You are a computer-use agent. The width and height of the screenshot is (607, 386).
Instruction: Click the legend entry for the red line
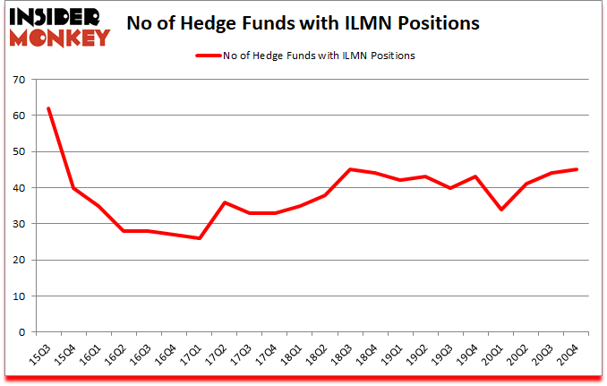click(x=305, y=56)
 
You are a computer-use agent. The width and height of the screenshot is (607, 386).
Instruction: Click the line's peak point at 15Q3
click(x=48, y=108)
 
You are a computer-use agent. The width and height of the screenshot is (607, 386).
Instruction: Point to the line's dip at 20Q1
click(x=500, y=210)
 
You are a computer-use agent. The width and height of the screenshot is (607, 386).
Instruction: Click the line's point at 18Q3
click(x=351, y=169)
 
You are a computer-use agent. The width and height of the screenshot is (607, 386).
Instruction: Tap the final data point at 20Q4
click(x=576, y=169)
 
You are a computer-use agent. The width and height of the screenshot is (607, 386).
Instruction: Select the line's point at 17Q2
click(x=225, y=202)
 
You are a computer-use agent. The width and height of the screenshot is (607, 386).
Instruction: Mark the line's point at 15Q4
click(x=73, y=188)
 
